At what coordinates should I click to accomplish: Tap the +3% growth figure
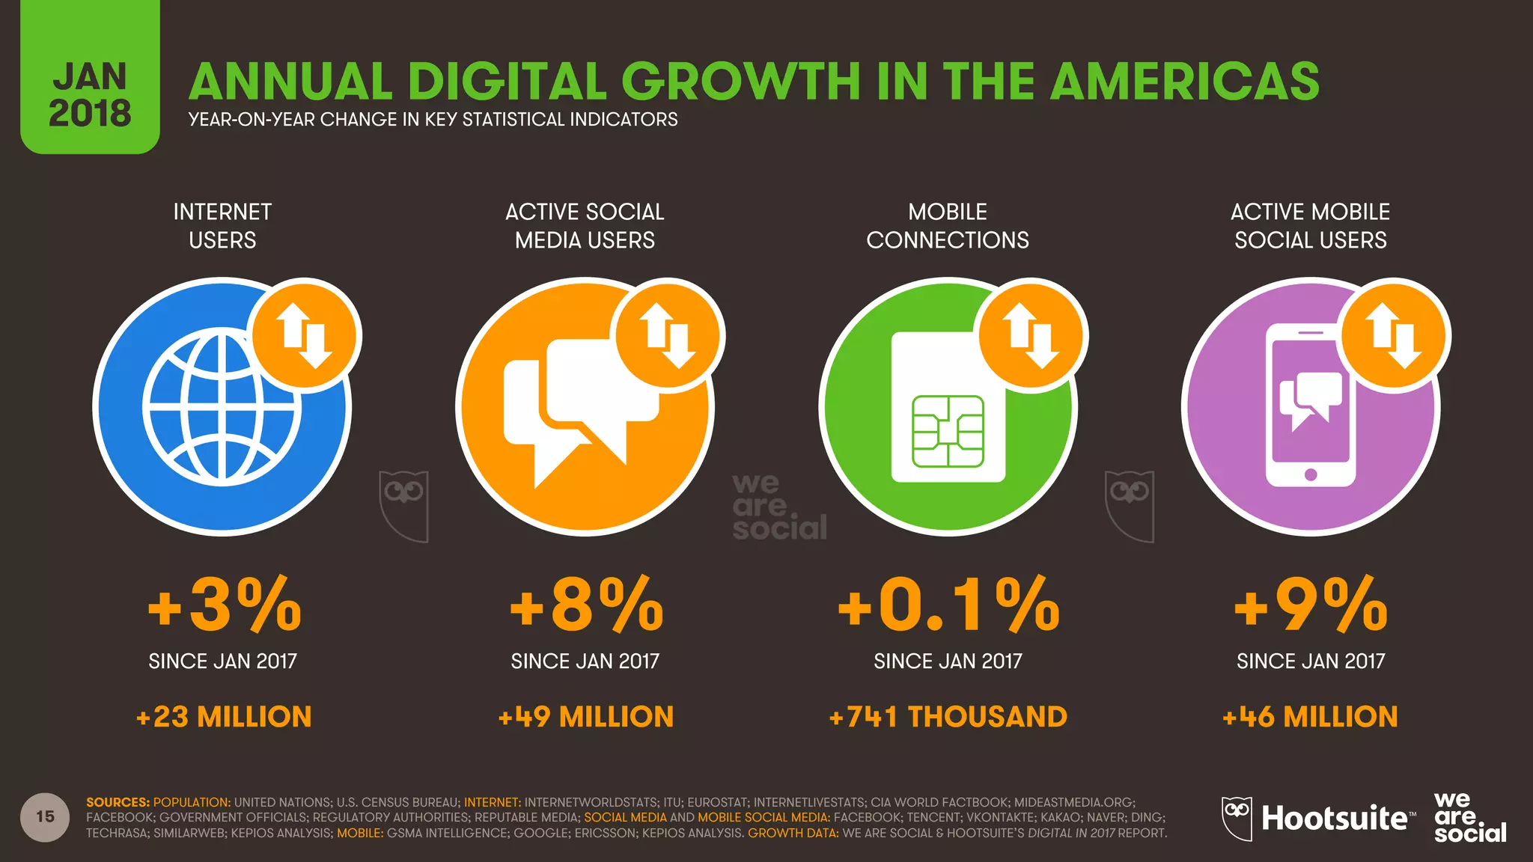pos(224,605)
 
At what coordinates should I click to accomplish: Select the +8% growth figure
pos(586,605)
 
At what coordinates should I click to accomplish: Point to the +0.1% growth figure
pos(948,605)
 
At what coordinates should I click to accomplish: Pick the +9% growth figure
pos(1310,605)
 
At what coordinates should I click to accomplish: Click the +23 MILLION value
pos(224,717)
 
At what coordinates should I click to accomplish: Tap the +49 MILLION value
pos(586,717)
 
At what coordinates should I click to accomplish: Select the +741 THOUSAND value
pos(948,717)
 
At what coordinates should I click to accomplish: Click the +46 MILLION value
pos(1310,717)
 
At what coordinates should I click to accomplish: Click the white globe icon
pos(222,408)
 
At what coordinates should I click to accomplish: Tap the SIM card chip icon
pos(948,432)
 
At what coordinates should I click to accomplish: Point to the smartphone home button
pos(1311,474)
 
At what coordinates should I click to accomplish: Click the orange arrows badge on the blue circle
pos(305,335)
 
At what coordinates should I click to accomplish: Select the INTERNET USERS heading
pos(222,225)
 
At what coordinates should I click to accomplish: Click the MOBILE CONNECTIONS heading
pos(948,225)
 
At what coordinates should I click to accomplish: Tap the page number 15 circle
pos(45,816)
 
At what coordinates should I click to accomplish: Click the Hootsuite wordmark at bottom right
pos(1334,818)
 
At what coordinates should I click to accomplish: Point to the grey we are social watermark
pos(778,507)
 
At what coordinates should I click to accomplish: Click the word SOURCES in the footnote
pos(118,802)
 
